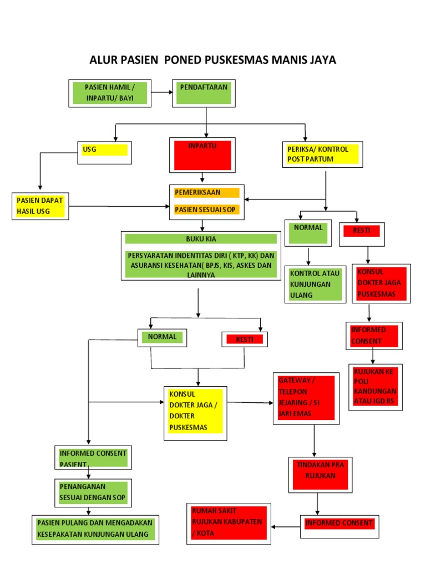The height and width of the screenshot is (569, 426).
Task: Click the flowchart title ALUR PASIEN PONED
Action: click(x=212, y=59)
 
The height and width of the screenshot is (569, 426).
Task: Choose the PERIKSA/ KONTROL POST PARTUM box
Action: click(x=322, y=154)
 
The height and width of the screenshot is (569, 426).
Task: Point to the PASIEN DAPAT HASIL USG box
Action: click(x=40, y=206)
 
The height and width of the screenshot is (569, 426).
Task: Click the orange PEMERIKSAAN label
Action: click(x=206, y=193)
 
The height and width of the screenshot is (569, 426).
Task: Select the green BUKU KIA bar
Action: click(x=200, y=239)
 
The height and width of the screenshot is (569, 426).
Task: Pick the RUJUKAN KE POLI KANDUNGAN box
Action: click(x=376, y=387)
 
